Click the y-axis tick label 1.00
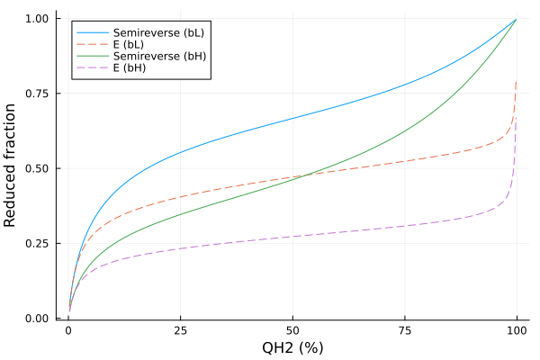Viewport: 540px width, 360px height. click(39, 19)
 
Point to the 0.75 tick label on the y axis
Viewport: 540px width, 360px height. click(39, 94)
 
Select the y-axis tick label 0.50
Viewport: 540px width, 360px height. click(39, 168)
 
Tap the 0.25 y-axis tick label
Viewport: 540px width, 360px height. click(39, 243)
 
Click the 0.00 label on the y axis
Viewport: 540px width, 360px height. click(39, 318)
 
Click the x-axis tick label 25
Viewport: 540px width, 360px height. click(180, 331)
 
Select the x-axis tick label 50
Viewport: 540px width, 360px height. click(292, 331)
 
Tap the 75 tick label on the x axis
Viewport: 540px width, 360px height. click(404, 331)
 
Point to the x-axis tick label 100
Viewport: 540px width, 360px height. click(517, 331)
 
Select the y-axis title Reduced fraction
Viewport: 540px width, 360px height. click(11, 165)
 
